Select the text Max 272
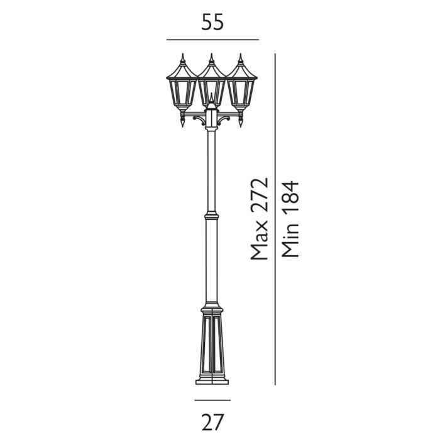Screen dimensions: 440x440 click(x=258, y=219)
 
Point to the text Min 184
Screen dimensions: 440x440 click(x=290, y=219)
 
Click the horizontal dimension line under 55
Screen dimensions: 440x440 click(x=212, y=40)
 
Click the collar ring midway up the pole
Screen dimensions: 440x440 click(x=212, y=216)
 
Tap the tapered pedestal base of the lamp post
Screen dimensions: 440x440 click(x=212, y=346)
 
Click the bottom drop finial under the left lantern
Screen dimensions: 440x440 click(x=182, y=123)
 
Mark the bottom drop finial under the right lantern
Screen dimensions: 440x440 click(x=241, y=123)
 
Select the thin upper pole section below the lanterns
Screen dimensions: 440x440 click(x=212, y=170)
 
